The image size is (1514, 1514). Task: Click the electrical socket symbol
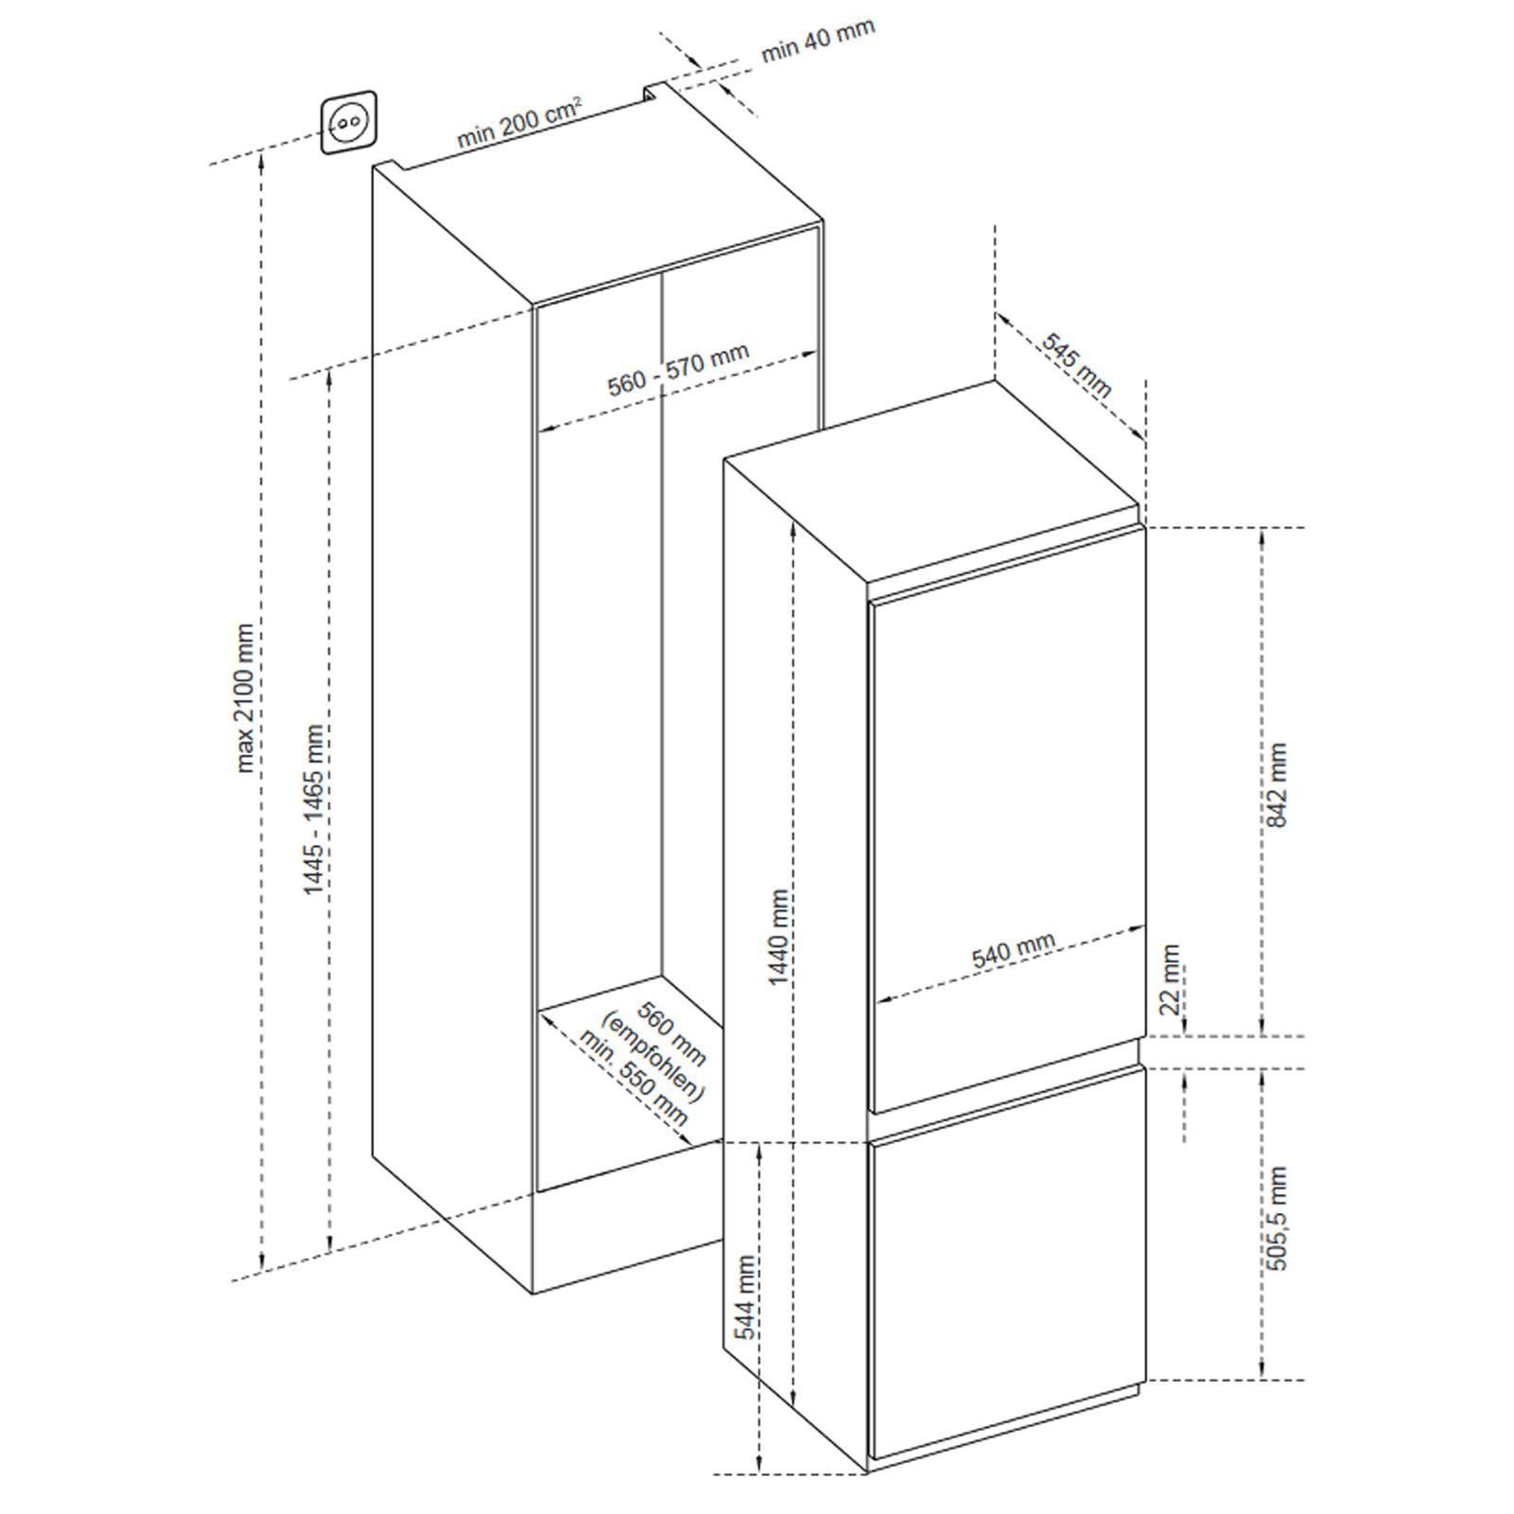(348, 121)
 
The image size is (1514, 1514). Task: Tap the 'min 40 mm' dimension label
(818, 41)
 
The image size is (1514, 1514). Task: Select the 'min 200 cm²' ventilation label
(519, 120)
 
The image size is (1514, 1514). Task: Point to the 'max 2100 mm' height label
(245, 697)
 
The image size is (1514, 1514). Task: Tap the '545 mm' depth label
(1077, 365)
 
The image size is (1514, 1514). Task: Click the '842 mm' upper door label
(1276, 784)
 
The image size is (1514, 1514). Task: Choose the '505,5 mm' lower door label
(1278, 1218)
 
